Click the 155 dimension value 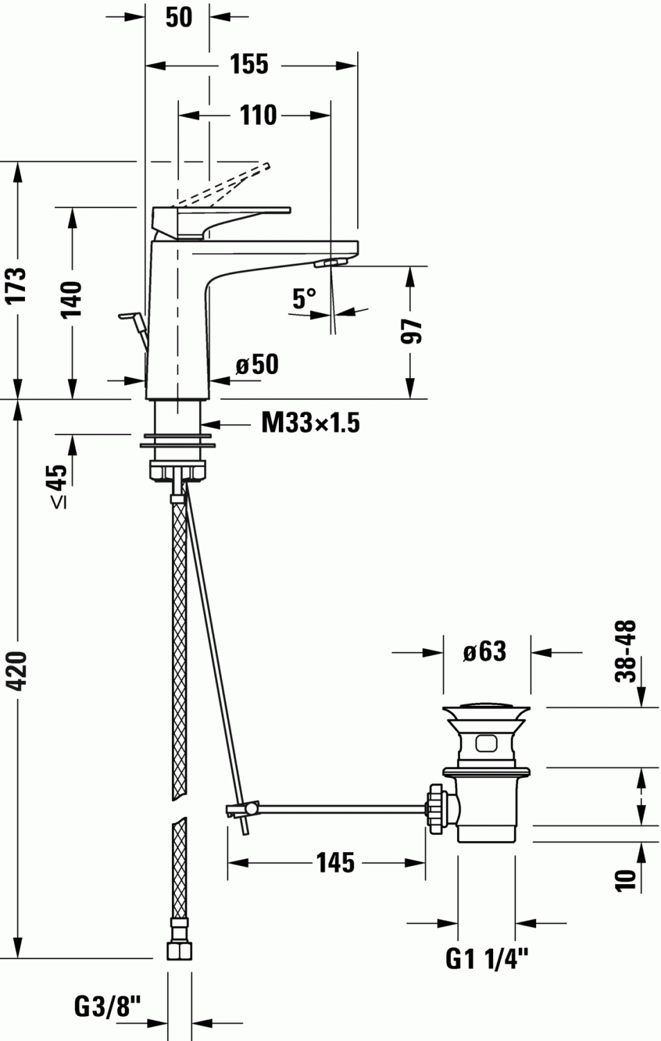249,65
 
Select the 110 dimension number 258,115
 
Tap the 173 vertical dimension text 15,284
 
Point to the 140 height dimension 71,299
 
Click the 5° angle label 303,298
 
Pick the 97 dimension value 412,331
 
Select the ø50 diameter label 257,364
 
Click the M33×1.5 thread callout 310,422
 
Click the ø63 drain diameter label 485,651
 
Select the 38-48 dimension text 626,651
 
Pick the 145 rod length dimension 335,863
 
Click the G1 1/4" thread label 486,959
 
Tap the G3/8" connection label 108,1006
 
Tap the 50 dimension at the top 178,17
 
